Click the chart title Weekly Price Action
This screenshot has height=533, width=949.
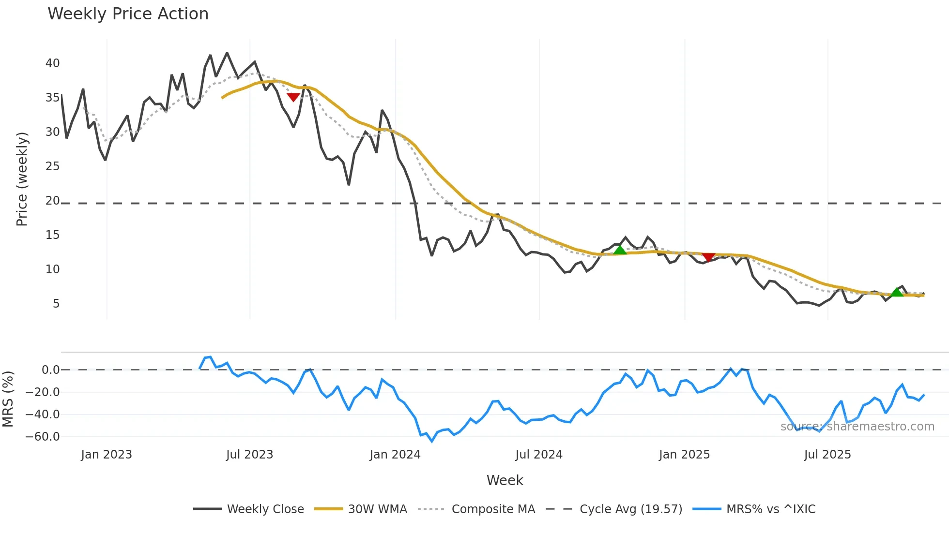click(x=128, y=14)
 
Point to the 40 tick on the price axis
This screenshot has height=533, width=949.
click(x=53, y=63)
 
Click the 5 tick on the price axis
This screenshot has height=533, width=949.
click(x=56, y=304)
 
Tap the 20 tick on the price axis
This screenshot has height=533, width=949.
click(x=53, y=201)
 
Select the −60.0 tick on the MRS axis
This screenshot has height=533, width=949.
click(x=43, y=437)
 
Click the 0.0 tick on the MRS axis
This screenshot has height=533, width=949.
click(x=51, y=370)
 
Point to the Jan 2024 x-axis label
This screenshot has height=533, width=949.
click(x=395, y=455)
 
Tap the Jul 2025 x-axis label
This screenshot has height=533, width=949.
click(x=827, y=455)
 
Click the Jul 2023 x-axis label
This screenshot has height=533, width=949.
click(x=249, y=455)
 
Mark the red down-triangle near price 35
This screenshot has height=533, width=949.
click(x=293, y=97)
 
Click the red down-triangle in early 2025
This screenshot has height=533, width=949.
click(x=708, y=257)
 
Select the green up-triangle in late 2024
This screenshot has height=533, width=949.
click(x=620, y=250)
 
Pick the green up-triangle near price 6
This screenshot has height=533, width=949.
click(x=897, y=292)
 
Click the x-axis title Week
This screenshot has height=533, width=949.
click(x=505, y=480)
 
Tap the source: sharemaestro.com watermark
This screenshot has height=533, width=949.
click(x=857, y=427)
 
